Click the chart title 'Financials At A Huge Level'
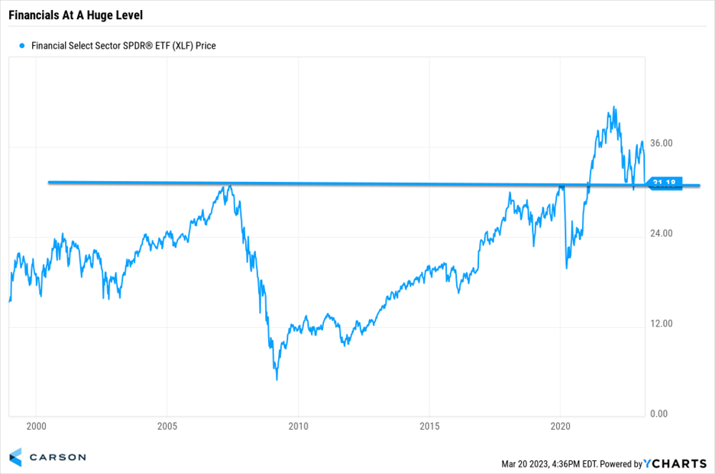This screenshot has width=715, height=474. tap(76, 15)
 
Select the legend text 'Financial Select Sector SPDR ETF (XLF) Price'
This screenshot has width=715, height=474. tap(124, 46)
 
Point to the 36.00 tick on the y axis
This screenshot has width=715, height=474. tap(661, 144)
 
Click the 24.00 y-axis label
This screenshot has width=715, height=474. tap(661, 234)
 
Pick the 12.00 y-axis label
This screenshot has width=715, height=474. tap(661, 324)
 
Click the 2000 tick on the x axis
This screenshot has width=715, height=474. tap(36, 426)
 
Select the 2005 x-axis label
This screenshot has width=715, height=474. tap(167, 426)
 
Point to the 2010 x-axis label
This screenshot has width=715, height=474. tap(299, 426)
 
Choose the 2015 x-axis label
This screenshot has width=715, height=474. tap(430, 426)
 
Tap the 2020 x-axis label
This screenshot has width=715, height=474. tap(561, 426)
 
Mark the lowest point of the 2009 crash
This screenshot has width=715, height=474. tap(277, 379)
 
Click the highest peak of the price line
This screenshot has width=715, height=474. tap(613, 108)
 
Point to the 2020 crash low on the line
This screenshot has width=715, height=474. tap(567, 268)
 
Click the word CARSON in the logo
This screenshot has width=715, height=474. tap(57, 457)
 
